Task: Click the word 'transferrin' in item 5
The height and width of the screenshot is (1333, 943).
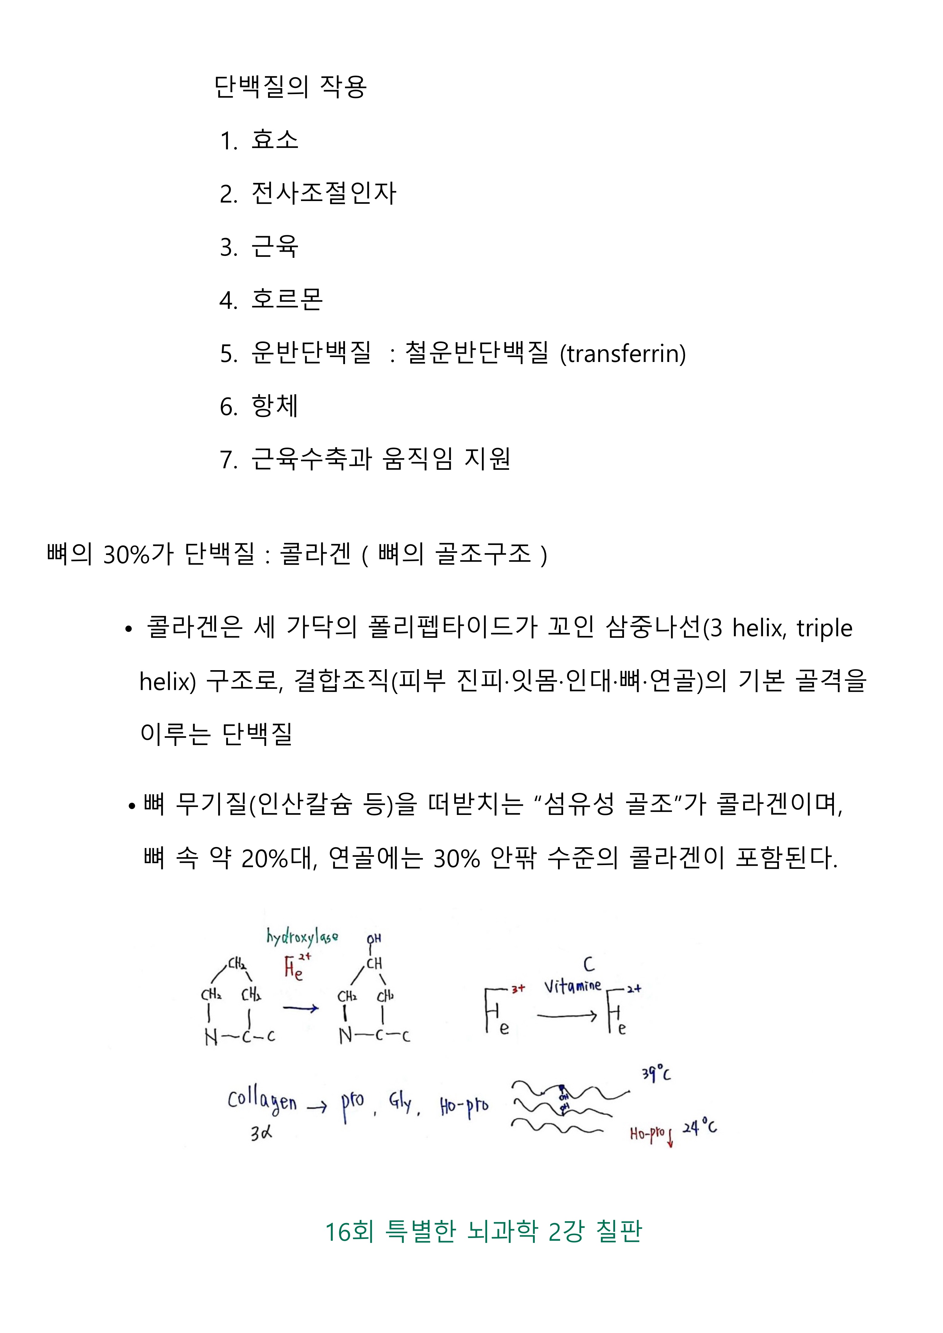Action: (622, 353)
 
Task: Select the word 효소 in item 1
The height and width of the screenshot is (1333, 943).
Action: (275, 140)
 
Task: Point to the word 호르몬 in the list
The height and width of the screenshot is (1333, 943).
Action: (287, 300)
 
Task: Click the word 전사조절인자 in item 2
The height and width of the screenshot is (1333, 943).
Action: (323, 193)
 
